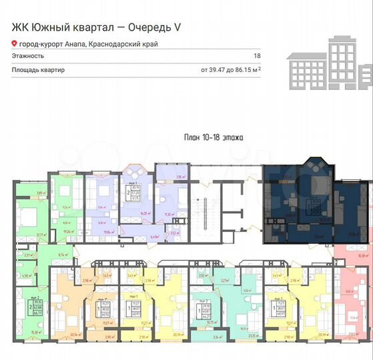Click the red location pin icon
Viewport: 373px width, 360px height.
point(15,45)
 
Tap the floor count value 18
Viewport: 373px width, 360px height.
point(257,57)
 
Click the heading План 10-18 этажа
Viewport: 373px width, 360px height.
point(213,137)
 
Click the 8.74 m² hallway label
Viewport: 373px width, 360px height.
point(61,255)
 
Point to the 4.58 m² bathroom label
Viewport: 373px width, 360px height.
point(27,275)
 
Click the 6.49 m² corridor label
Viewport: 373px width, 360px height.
point(155,235)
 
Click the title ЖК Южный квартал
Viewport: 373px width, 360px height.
point(53,27)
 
